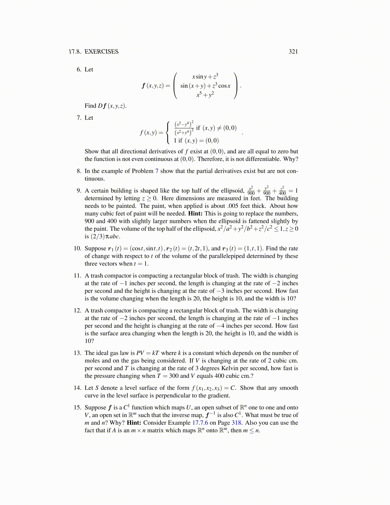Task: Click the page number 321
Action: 293,52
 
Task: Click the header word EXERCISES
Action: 101,52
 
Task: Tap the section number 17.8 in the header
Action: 75,52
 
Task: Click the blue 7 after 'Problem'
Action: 156,171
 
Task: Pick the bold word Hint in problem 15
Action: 134,423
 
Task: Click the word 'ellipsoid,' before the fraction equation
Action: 231,191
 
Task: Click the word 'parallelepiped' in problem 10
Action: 227,256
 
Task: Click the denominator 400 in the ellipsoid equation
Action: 282,193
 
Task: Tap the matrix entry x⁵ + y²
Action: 205,95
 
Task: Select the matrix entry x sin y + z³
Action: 205,77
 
